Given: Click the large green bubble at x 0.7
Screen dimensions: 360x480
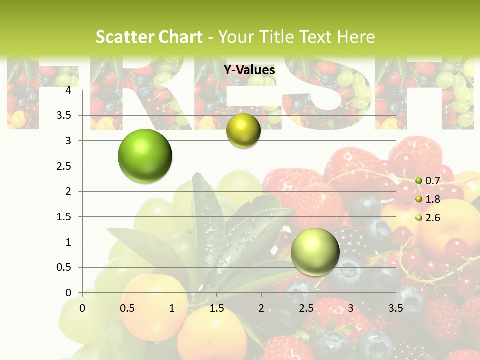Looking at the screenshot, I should pos(145,156).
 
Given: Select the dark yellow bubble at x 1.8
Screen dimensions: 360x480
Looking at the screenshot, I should pos(243,131).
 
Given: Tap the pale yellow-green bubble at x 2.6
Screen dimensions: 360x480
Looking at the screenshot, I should pos(315,252).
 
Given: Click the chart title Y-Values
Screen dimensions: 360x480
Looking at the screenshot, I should pos(249,70).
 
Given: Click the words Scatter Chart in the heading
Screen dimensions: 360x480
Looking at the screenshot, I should pos(149,37).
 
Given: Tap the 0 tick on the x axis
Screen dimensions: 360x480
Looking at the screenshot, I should pos(83,308).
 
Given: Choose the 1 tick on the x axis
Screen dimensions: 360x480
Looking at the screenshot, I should pos(172,308).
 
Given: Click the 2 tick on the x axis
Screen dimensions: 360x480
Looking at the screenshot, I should pos(261,308).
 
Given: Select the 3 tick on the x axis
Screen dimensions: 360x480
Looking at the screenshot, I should pos(351,308).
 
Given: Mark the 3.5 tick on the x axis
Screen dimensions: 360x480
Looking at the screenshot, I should pos(395,308).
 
